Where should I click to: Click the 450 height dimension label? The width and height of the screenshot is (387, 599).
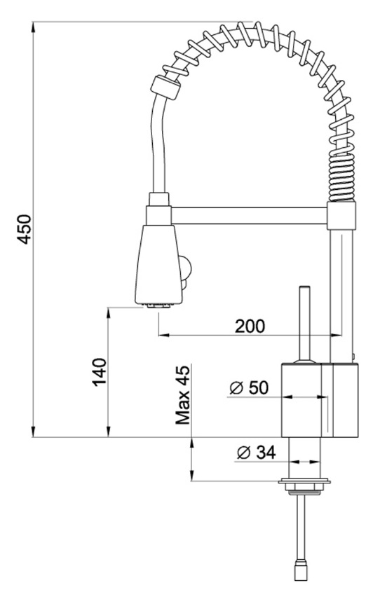coord(24,229)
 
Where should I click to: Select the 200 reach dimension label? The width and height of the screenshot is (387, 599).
coord(250,326)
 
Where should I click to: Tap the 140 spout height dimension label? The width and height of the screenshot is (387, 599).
coord(99,372)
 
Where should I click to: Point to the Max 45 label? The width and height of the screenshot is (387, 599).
coord(182,395)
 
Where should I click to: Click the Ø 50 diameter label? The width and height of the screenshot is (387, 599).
coord(249,387)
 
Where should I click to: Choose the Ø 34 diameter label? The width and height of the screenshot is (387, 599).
coord(256,453)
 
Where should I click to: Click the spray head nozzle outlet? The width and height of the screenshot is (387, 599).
coord(158,305)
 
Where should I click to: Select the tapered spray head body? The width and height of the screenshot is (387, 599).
coord(158,264)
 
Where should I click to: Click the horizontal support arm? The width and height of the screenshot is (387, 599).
coord(249,216)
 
